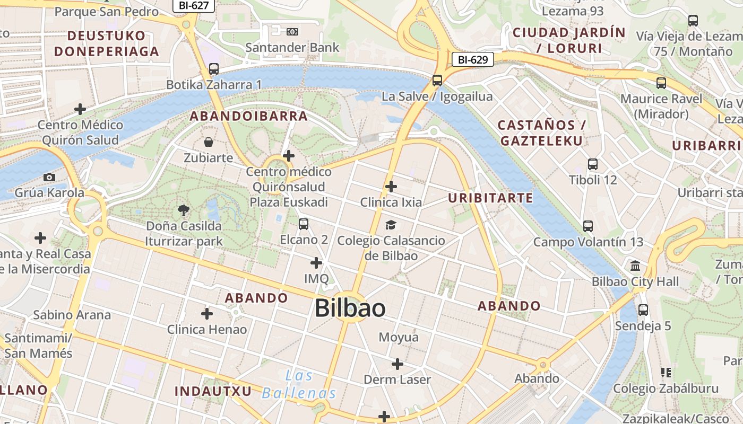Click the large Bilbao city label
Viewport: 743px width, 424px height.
[x=350, y=308]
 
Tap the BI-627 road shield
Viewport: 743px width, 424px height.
[x=193, y=5]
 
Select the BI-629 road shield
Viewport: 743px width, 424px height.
[x=472, y=59]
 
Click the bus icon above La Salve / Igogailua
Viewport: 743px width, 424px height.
[x=437, y=81]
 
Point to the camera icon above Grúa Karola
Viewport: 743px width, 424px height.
[x=49, y=177]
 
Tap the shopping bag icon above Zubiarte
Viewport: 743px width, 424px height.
[x=209, y=142]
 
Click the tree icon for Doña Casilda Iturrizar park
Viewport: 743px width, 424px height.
[x=184, y=210]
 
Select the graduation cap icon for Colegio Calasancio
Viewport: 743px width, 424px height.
[x=391, y=225]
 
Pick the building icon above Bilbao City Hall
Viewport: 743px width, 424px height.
[x=635, y=266]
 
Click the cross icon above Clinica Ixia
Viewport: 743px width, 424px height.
[x=391, y=187]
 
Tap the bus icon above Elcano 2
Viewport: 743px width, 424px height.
[x=304, y=224]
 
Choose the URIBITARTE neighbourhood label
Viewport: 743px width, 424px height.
[x=490, y=198]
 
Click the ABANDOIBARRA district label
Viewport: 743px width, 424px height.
[x=249, y=116]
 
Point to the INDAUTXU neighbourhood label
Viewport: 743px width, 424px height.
[x=213, y=391]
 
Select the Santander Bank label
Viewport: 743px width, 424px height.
[x=292, y=47]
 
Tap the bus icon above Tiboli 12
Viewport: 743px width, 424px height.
[x=593, y=164]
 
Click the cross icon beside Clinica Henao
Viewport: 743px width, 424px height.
[x=207, y=314]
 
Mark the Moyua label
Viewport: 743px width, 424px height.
[x=399, y=337]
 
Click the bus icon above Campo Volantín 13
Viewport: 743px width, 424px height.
[x=588, y=226]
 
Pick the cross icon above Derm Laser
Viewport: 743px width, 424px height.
[x=398, y=364]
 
